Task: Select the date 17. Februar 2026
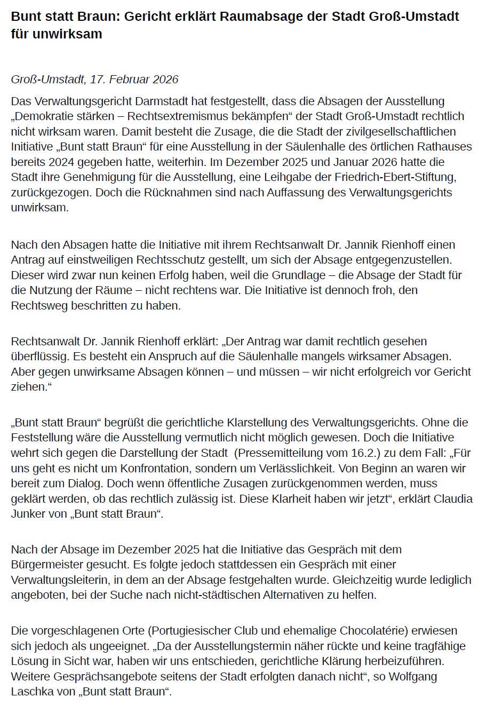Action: pyautogui.click(x=134, y=80)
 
